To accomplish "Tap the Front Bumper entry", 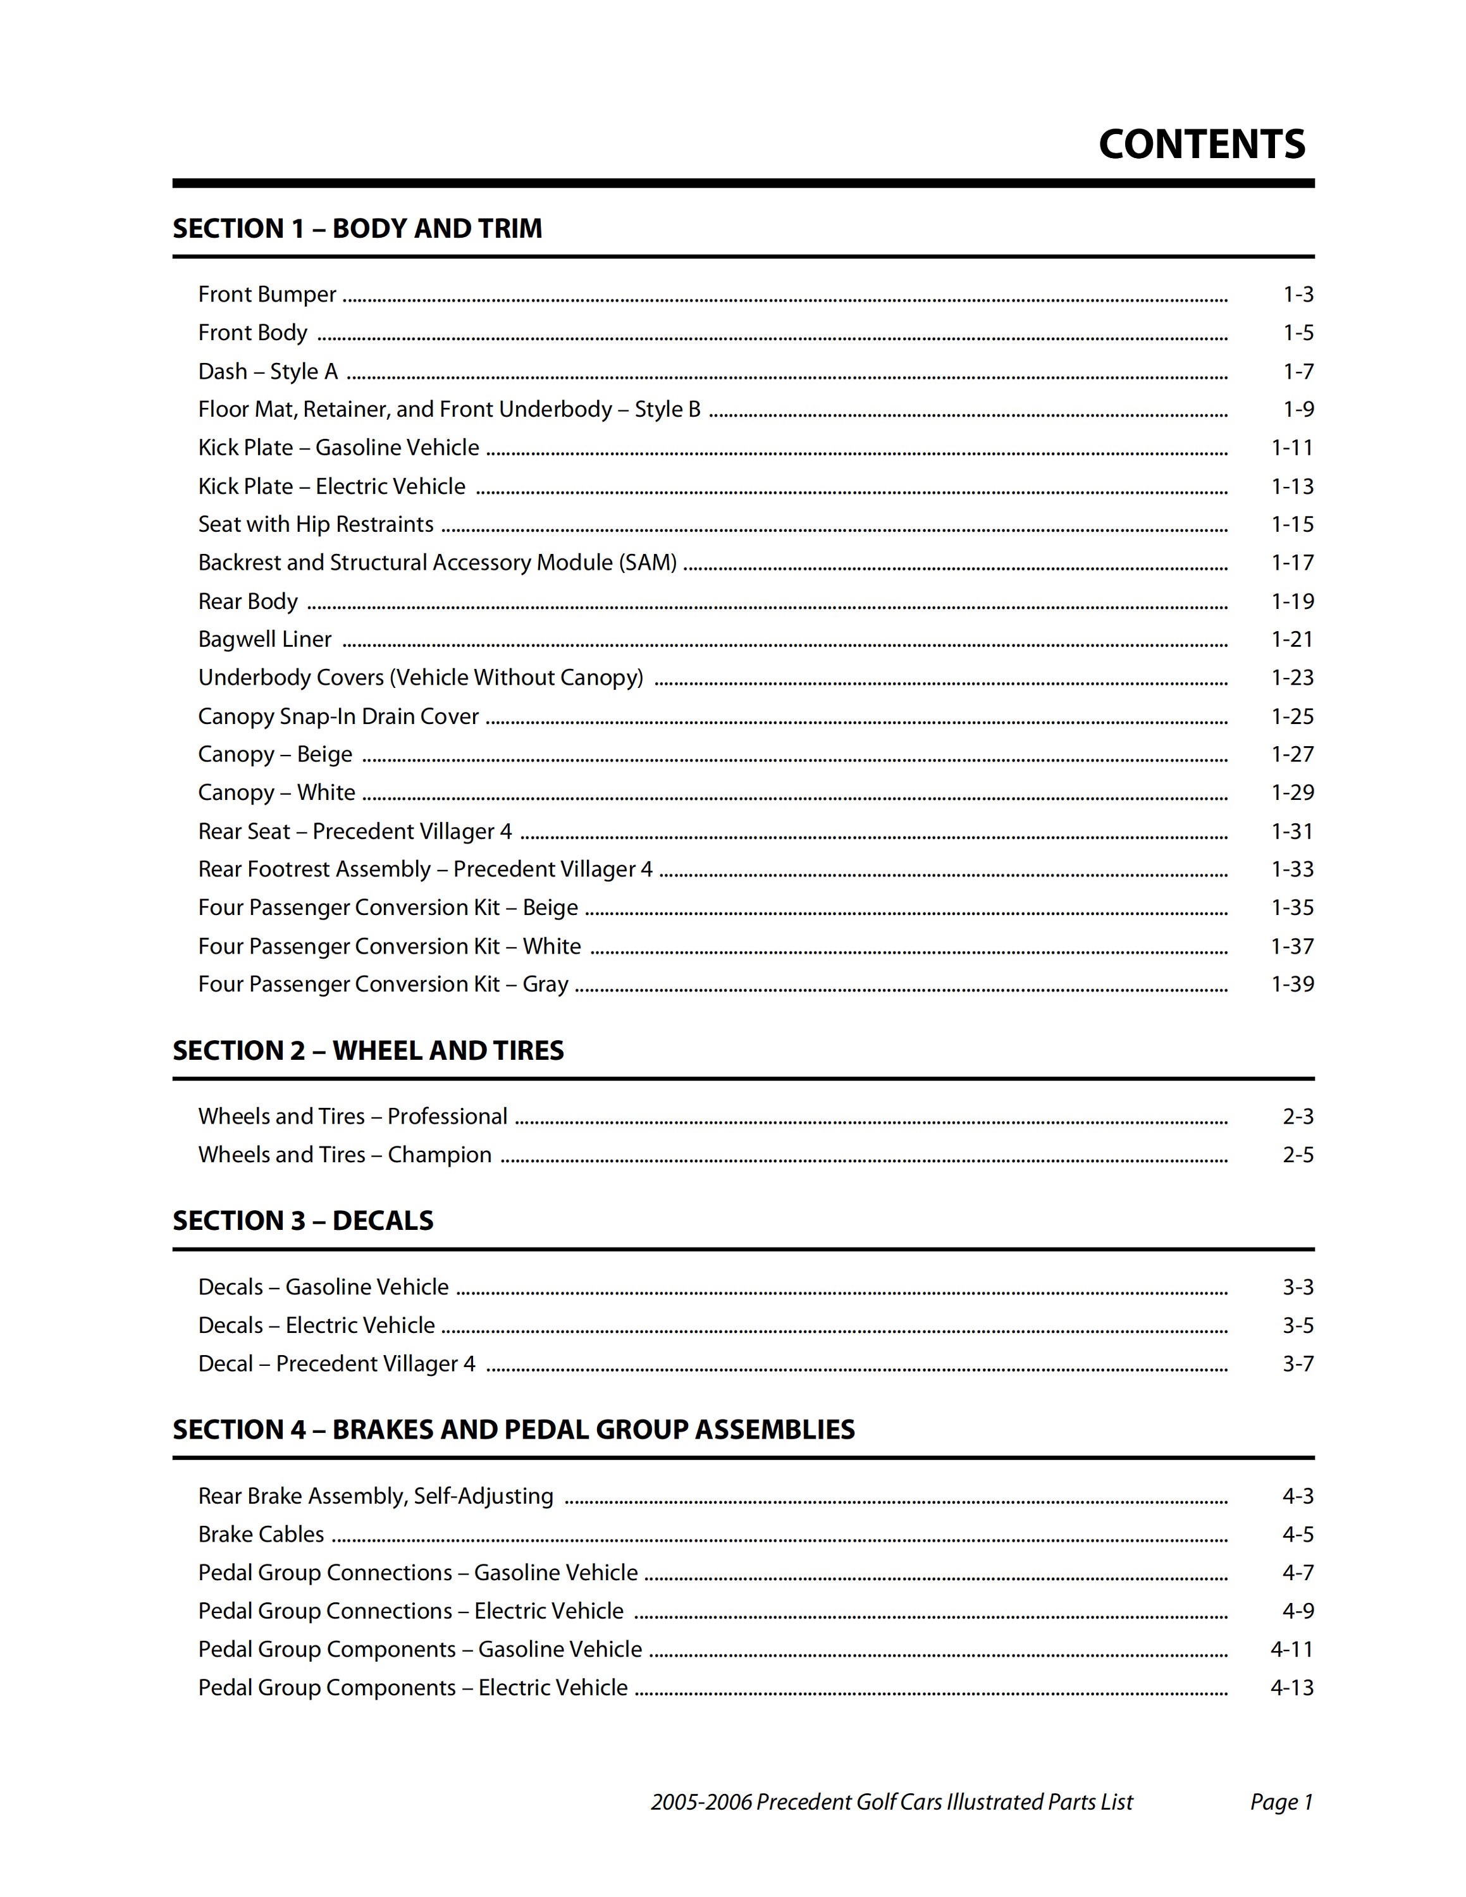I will [267, 295].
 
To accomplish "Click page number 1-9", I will [1298, 409].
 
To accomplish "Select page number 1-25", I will [1292, 716].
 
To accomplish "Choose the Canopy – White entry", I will [276, 792].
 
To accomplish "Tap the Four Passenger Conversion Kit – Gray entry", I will [383, 984].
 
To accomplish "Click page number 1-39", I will [1292, 984].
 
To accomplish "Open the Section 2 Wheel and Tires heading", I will [367, 1051].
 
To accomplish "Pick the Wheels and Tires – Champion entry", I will [344, 1155].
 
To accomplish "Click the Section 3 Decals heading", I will [302, 1221].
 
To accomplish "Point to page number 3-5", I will [1298, 1325].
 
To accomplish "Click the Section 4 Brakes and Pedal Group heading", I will [514, 1430].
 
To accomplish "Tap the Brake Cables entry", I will [261, 1535].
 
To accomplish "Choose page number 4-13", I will [1291, 1688].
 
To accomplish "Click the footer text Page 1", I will [1281, 1802].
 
